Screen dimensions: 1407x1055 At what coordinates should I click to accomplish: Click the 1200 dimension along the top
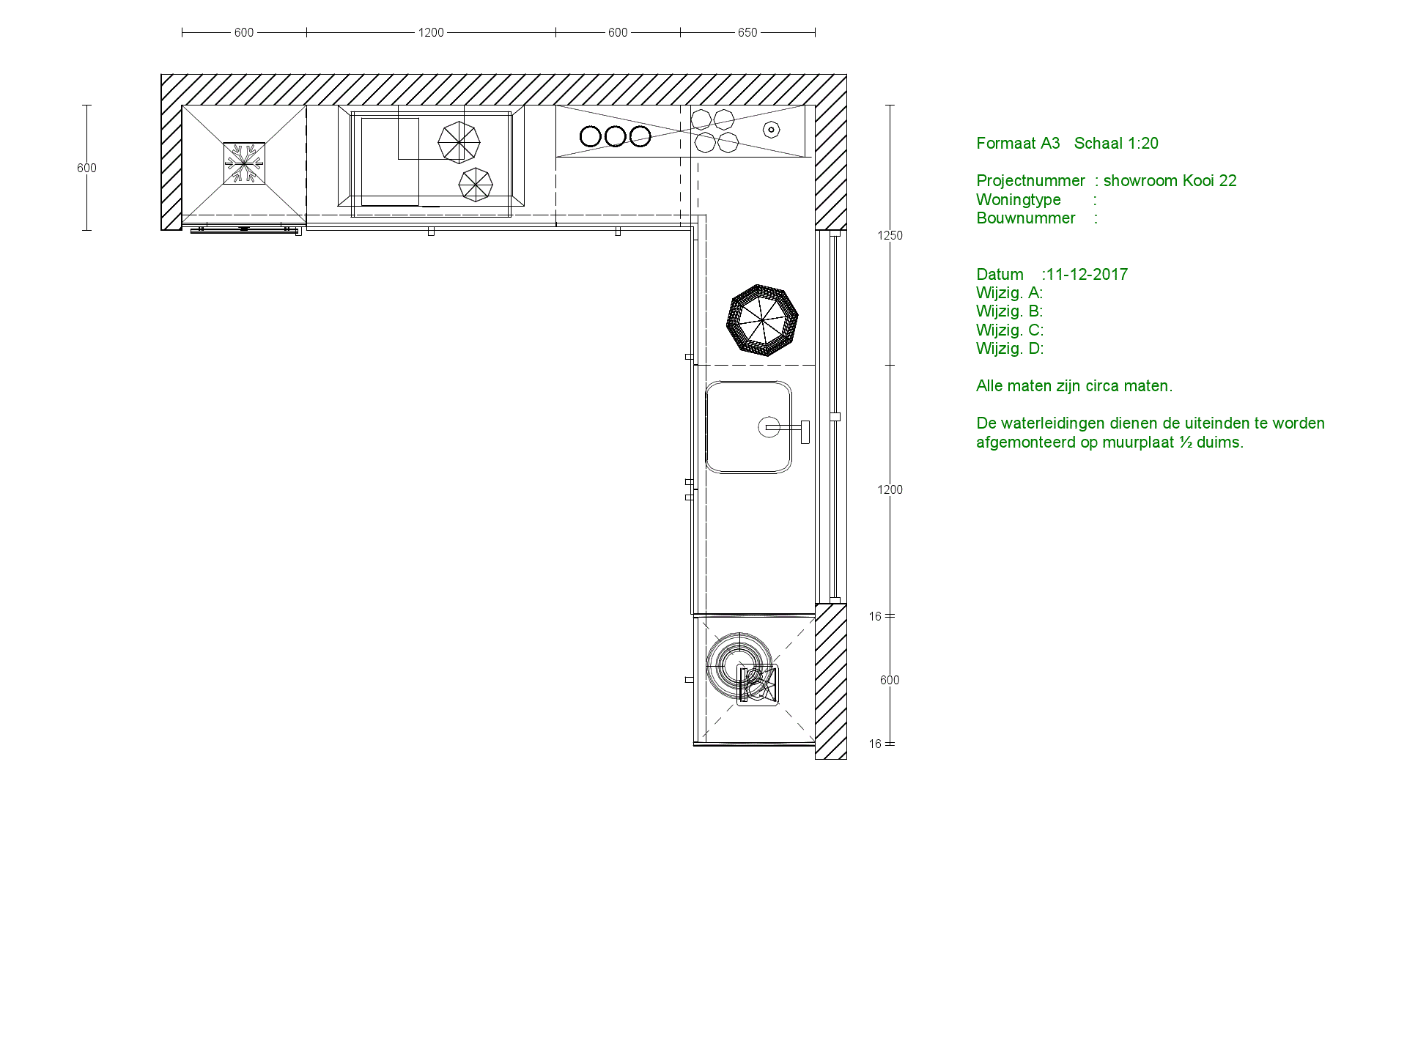[x=431, y=32]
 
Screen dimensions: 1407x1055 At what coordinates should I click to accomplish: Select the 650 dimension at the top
[x=747, y=32]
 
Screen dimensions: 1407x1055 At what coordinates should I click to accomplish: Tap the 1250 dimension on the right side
[x=890, y=235]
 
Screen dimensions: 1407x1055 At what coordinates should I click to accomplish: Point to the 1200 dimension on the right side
[x=890, y=489]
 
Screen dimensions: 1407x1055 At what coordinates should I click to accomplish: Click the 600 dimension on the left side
[x=86, y=168]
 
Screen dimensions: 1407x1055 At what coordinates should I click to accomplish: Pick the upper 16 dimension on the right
[x=875, y=616]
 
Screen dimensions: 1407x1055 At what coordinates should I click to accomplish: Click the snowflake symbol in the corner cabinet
[x=244, y=163]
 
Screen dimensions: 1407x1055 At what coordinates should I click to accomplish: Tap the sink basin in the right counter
[x=748, y=427]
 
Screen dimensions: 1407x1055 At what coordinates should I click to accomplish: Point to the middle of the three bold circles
[x=616, y=136]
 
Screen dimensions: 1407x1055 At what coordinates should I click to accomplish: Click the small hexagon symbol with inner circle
[x=771, y=130]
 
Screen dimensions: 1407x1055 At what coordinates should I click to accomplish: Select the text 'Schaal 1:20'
[x=1116, y=144]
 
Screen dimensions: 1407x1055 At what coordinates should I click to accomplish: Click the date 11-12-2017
[x=1087, y=275]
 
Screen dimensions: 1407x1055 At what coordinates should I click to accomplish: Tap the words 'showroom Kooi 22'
[x=1170, y=181]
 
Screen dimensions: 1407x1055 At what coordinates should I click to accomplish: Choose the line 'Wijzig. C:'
[x=1010, y=330]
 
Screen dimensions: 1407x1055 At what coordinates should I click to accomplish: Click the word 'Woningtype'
[x=1019, y=200]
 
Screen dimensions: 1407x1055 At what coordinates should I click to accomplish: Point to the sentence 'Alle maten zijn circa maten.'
[x=1074, y=386]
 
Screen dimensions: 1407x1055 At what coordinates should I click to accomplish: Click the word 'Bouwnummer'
[x=1026, y=218]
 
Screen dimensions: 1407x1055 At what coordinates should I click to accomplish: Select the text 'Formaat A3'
[x=1018, y=144]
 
